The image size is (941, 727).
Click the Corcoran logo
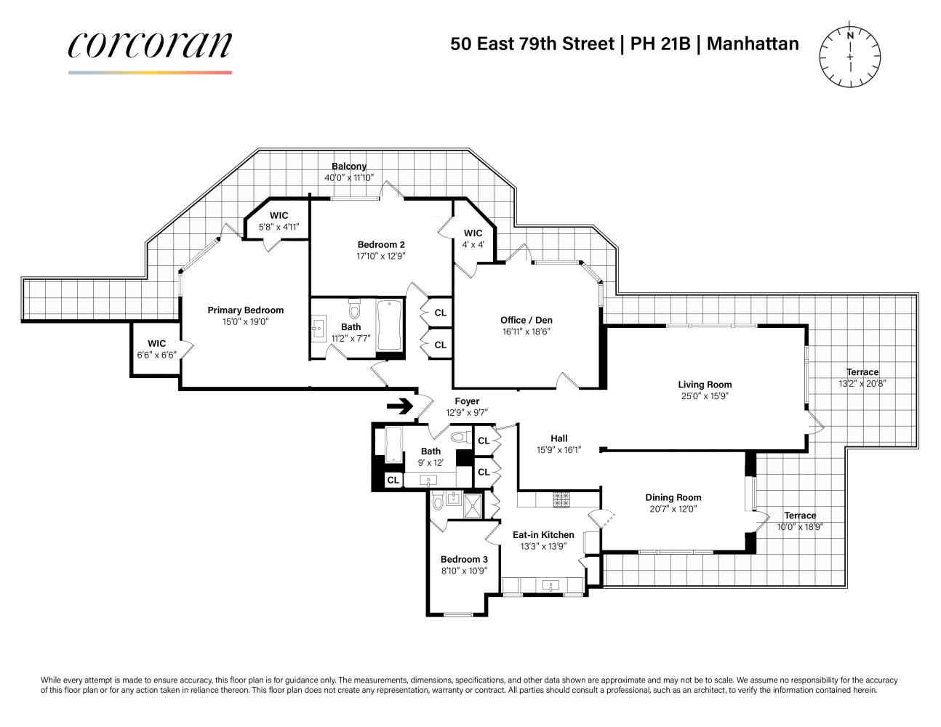(150, 47)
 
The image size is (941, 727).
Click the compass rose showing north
(849, 57)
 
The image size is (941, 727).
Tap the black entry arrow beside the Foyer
(400, 406)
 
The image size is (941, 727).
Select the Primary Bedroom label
(245, 310)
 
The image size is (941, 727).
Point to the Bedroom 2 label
(381, 245)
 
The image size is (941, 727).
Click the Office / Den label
(526, 321)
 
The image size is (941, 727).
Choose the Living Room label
(705, 385)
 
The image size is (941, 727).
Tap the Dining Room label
(673, 498)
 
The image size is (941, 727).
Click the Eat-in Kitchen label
(543, 535)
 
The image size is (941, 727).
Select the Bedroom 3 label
(464, 560)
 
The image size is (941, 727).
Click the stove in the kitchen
(561, 499)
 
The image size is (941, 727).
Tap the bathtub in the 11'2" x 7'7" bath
(390, 326)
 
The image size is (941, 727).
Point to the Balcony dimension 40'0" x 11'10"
(349, 177)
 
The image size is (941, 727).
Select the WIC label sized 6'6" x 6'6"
(156, 344)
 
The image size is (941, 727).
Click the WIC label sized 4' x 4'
(473, 233)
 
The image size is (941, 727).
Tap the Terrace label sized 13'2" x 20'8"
(862, 372)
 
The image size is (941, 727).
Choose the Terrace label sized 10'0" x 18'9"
(800, 515)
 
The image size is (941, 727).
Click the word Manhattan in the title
(753, 44)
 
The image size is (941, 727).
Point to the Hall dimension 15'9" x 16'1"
(558, 450)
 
